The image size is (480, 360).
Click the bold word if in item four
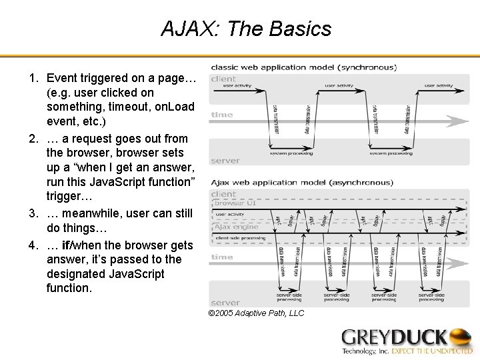click(66, 245)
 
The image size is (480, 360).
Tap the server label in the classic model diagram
click(225, 161)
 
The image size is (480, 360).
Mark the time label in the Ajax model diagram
click(222, 257)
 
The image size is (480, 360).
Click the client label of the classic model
click(223, 79)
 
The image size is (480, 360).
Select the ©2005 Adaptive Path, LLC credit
click(256, 313)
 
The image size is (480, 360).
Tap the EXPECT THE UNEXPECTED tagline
click(431, 351)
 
